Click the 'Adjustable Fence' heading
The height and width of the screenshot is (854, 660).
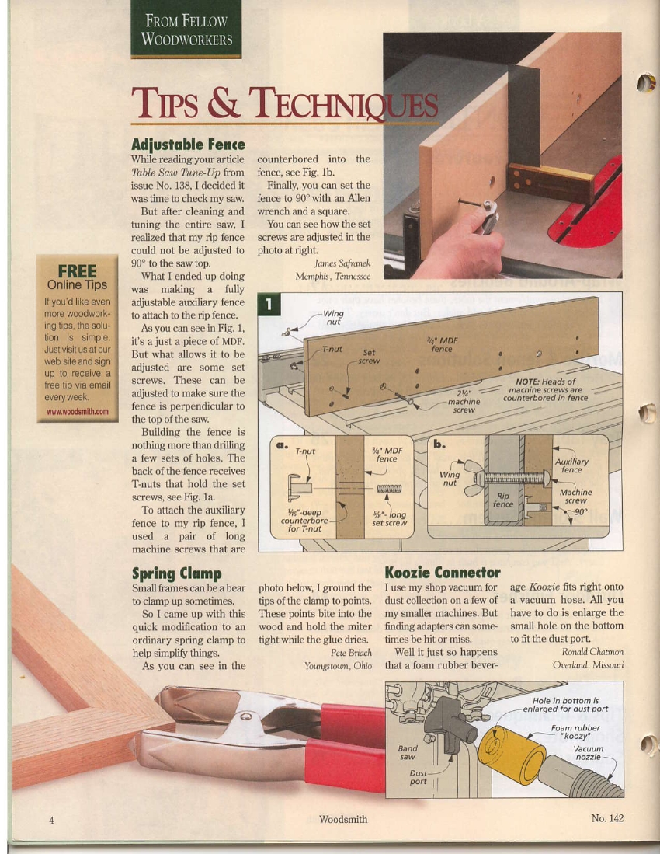point(188,145)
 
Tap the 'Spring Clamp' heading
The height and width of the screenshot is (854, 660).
point(177,573)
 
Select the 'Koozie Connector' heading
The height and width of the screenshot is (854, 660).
point(443,573)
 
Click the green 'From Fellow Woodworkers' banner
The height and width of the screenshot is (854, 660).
point(186,29)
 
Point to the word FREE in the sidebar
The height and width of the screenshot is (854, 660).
point(77,270)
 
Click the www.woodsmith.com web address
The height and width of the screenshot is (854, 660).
point(78,412)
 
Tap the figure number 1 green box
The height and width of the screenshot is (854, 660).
point(269,304)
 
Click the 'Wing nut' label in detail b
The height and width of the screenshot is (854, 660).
point(450,478)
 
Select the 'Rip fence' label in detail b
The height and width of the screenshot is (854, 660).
point(502,500)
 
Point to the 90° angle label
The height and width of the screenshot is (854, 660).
point(581,512)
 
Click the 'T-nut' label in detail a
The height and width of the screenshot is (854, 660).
point(304,451)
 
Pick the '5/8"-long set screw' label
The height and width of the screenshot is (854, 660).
point(389,518)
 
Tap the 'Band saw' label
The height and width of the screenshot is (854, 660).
point(407,752)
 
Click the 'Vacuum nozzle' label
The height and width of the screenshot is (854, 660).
point(588,753)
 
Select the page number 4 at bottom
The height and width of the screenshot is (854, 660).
point(52,820)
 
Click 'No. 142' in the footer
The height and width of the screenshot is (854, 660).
point(606,818)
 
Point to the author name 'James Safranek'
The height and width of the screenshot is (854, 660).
point(342,263)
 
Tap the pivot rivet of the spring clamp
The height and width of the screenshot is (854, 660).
point(246,716)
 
